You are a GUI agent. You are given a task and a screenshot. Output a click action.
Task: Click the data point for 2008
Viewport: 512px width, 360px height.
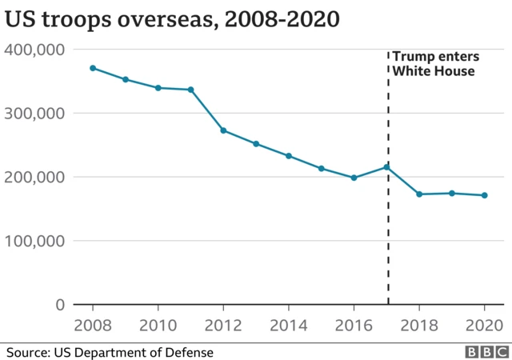[x=93, y=68]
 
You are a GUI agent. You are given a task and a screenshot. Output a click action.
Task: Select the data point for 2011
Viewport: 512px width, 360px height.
[x=190, y=90]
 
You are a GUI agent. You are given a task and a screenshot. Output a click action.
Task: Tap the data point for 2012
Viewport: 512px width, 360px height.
[x=223, y=130]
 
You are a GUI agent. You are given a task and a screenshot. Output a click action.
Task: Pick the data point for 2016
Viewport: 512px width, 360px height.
[x=354, y=178]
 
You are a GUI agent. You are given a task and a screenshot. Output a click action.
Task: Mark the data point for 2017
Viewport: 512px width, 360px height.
[x=386, y=166]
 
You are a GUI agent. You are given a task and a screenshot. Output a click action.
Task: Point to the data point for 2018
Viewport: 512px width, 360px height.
[x=419, y=194]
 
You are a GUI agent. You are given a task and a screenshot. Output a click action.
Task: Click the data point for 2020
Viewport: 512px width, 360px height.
[x=484, y=195]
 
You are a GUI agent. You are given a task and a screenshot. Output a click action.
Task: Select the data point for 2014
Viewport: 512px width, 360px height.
[x=288, y=156]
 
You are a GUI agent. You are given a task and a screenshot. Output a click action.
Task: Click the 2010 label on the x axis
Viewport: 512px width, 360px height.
[x=158, y=326]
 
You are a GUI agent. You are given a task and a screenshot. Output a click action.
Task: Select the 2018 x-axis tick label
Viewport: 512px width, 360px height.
[x=419, y=326]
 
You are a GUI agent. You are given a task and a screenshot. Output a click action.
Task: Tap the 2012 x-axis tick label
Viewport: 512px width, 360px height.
[x=223, y=326]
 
